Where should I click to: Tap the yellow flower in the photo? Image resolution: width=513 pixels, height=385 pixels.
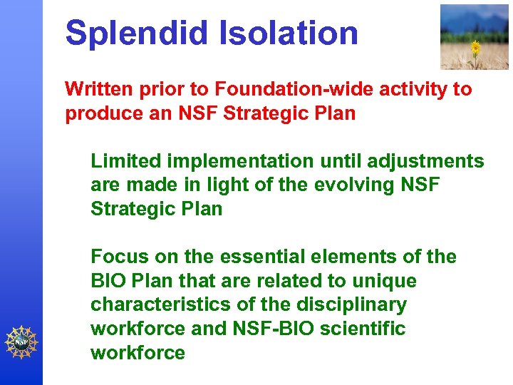click(476, 48)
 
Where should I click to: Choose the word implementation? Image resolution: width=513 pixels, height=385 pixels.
click(234, 162)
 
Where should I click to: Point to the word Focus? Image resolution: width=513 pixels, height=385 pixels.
click(118, 257)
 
